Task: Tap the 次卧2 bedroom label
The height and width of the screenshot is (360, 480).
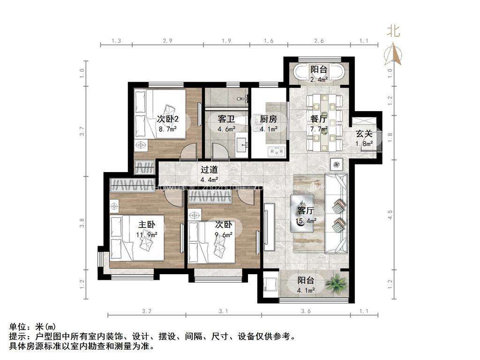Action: click(168, 118)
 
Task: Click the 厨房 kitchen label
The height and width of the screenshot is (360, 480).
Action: click(269, 119)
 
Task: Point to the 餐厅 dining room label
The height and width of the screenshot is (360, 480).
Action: click(319, 119)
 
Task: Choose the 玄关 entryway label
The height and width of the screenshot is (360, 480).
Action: click(364, 134)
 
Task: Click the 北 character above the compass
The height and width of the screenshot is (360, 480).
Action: click(393, 31)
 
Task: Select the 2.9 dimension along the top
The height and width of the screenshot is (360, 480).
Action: click(167, 41)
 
